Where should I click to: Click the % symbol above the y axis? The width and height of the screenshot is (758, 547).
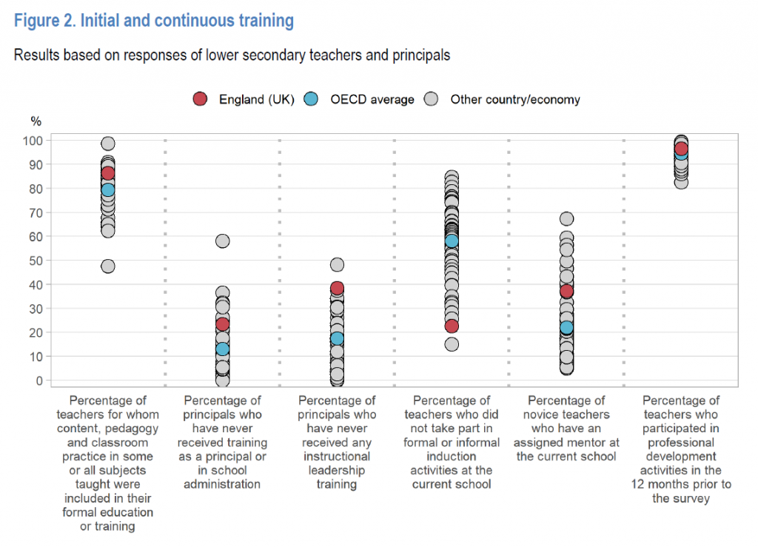[x=36, y=121]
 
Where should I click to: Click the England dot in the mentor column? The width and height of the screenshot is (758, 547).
[x=566, y=291]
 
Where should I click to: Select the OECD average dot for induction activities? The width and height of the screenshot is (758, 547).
[x=452, y=241]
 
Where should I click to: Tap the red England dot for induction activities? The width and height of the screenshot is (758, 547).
[x=452, y=326]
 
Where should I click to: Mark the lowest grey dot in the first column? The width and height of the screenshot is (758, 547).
[x=108, y=266]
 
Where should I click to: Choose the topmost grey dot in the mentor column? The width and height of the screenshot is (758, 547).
[x=566, y=218]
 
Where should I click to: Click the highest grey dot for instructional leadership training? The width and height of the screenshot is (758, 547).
[x=337, y=264]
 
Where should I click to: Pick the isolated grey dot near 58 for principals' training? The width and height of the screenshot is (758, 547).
[x=222, y=241]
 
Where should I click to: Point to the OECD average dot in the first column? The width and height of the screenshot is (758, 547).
[x=108, y=189]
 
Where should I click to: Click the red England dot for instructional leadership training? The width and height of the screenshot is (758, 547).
[x=337, y=288]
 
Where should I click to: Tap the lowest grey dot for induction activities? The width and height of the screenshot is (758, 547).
[x=452, y=344]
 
